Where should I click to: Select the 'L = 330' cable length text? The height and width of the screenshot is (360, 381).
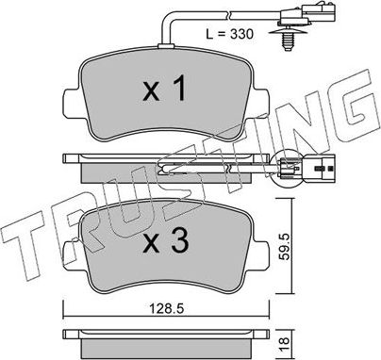(231, 34)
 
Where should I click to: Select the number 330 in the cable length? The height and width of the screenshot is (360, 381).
(242, 34)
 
